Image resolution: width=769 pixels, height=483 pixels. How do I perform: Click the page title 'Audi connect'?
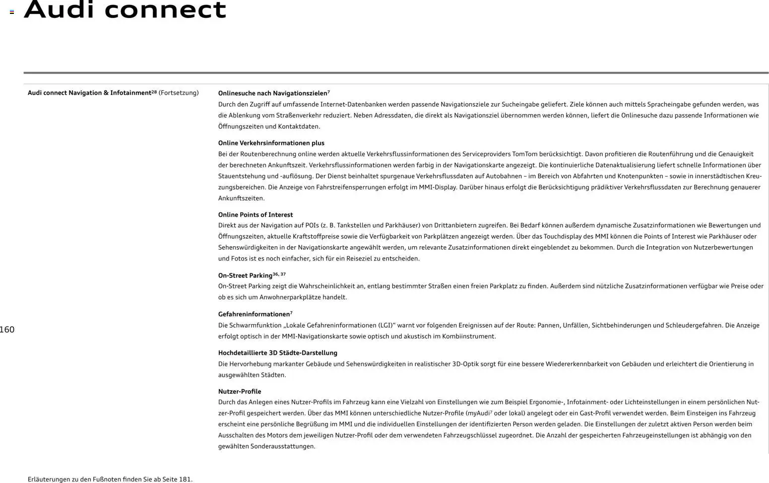125,10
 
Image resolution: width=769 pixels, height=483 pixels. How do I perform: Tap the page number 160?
7,330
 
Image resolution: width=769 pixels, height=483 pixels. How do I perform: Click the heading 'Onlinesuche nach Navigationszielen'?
272,93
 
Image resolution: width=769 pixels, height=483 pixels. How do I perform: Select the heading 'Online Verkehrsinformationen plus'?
271,143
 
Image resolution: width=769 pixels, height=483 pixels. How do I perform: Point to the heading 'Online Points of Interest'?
255,215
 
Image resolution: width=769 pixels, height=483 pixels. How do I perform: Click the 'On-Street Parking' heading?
245,276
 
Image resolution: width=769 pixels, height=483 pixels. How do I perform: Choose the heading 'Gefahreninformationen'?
254,314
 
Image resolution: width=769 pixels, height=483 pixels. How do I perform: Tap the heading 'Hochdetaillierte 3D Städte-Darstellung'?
277,353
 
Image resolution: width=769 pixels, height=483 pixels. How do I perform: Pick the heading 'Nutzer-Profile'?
239,392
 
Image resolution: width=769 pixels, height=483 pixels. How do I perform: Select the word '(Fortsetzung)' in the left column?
179,93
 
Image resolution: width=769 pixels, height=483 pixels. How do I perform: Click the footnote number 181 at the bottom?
185,480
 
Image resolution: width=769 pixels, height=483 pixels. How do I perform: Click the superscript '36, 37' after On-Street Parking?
279,274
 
